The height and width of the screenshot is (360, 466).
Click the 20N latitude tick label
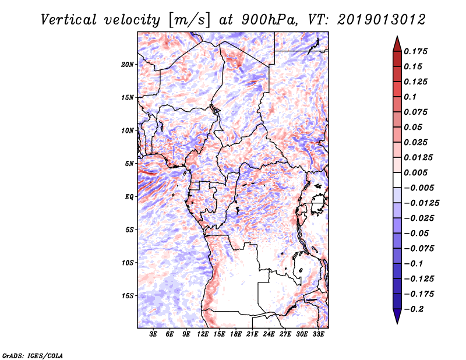(128, 65)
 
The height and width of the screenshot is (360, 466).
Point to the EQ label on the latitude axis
(129, 197)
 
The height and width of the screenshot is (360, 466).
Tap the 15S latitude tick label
(128, 296)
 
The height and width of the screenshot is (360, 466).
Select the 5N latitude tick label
(129, 164)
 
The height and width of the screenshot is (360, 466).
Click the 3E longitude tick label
(153, 334)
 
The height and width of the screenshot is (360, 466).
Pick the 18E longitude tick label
(235, 334)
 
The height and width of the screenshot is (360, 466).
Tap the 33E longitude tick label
(318, 334)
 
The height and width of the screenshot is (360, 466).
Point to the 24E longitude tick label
(269, 334)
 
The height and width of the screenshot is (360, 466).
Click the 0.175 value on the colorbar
(415, 51)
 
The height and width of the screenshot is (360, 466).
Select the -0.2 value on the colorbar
(414, 309)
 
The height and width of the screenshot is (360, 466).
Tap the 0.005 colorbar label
(415, 172)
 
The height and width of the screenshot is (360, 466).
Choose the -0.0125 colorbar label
(421, 203)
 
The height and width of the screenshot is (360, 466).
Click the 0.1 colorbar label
(410, 97)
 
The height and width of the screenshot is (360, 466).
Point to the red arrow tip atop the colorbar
(397, 36)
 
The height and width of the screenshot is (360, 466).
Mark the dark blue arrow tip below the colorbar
(397, 323)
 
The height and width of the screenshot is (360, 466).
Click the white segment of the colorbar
(397, 180)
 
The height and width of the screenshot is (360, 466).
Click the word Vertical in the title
(69, 20)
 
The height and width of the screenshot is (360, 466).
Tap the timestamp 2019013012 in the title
(382, 20)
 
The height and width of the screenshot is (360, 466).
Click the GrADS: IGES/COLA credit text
(33, 355)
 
